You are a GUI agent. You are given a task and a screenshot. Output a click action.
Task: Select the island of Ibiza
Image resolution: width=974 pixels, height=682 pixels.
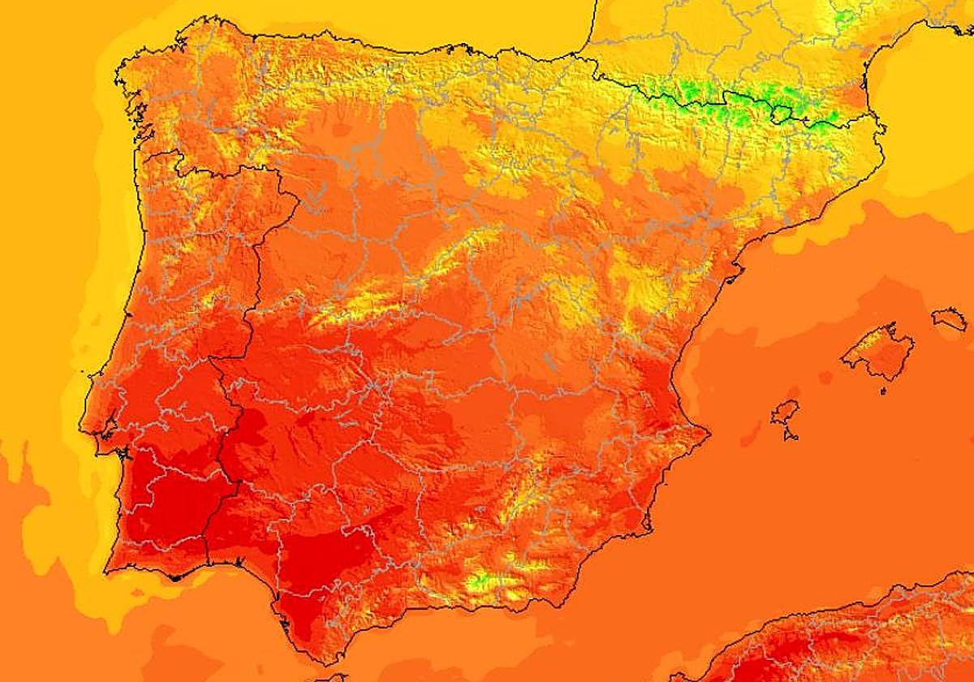click(x=785, y=414)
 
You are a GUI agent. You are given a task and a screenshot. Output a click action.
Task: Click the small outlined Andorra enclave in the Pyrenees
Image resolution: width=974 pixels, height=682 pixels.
click(x=781, y=114)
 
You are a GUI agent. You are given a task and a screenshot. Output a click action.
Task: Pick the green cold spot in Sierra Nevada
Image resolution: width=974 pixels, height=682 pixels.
click(x=481, y=580)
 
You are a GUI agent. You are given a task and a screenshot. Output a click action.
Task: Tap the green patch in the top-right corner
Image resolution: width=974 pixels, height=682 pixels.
click(x=844, y=16)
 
